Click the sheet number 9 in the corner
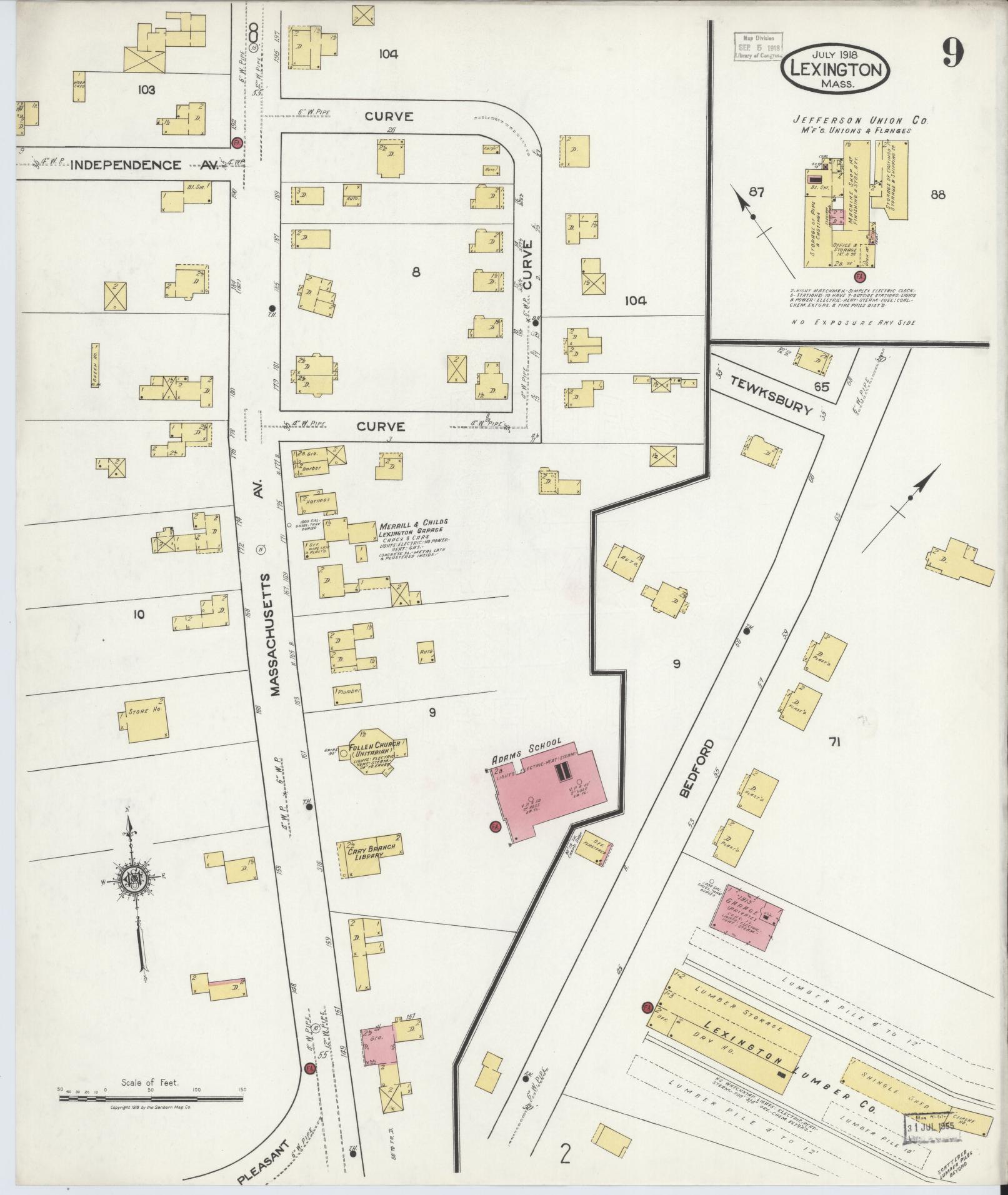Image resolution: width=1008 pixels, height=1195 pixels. [x=952, y=52]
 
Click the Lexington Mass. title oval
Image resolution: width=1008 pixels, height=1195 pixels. [x=835, y=70]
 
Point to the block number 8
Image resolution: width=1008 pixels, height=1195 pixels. [x=416, y=272]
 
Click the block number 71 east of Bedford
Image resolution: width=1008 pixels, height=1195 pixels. [x=834, y=742]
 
